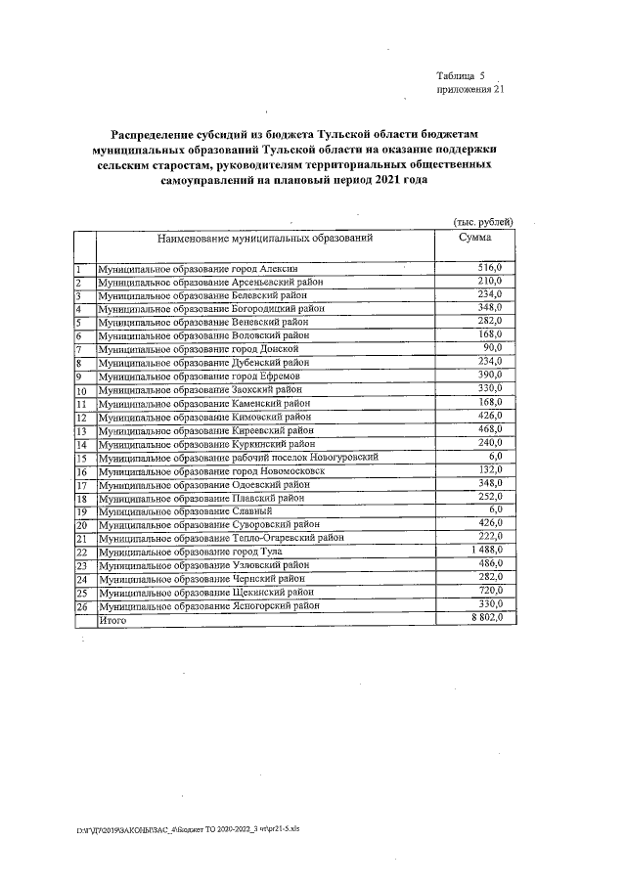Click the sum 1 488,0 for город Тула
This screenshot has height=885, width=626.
[x=486, y=552]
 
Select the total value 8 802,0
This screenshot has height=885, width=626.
[x=486, y=619]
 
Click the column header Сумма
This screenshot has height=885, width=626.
[x=475, y=238]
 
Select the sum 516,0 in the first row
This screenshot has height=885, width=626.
[x=489, y=267]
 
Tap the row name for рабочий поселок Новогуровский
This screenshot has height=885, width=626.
[x=239, y=457]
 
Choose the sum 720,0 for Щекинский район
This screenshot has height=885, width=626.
[x=489, y=592]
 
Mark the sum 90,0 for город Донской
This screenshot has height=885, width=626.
[x=492, y=348]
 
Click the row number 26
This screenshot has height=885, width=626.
[x=82, y=606]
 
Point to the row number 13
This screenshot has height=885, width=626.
[x=82, y=430]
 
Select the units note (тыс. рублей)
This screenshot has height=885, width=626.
[x=477, y=222]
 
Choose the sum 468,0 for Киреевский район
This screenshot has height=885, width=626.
[x=489, y=429]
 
